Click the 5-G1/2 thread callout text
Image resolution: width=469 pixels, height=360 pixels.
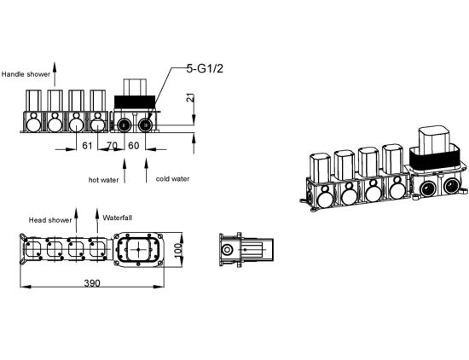click(x=205, y=69)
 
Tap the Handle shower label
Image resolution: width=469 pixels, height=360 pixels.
click(x=26, y=74)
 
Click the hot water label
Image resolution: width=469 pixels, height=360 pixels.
click(x=103, y=180)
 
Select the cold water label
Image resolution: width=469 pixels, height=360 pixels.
click(x=172, y=179)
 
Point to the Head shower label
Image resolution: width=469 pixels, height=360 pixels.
click(x=50, y=220)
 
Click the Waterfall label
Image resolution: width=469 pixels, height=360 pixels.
click(x=118, y=218)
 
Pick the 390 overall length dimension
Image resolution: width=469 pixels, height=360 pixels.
click(x=92, y=282)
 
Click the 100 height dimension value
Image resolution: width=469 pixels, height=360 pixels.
click(x=178, y=249)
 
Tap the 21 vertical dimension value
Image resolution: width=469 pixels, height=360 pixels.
click(x=190, y=98)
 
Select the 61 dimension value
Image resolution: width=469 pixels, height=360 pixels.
click(x=87, y=146)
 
